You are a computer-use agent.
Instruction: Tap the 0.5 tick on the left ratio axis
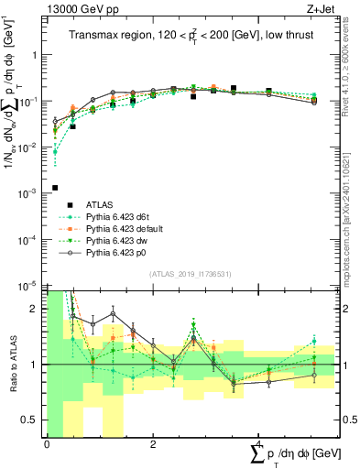pyautogui.click(x=32, y=420)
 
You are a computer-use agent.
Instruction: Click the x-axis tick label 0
pyautogui.click(x=46, y=443)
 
